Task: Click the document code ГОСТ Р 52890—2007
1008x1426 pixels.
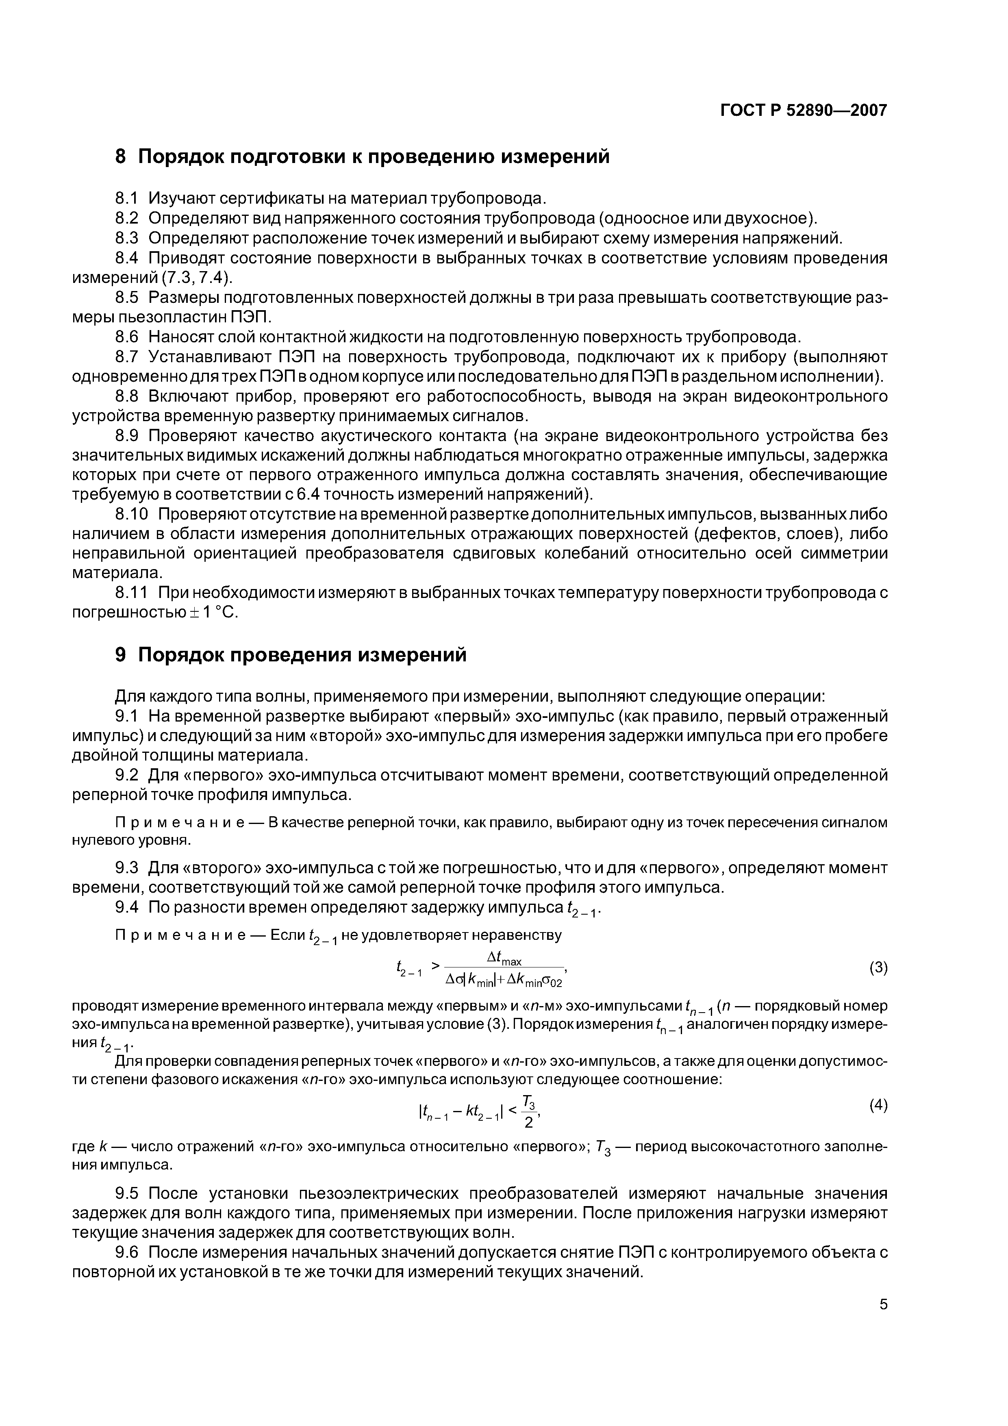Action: tap(803, 111)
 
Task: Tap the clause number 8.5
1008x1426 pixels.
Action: tap(128, 298)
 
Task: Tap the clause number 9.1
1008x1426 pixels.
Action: tap(127, 716)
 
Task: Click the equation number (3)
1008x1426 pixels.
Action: tap(878, 967)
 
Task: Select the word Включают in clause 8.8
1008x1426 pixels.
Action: tap(186, 396)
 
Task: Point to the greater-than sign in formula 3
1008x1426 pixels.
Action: tap(435, 965)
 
